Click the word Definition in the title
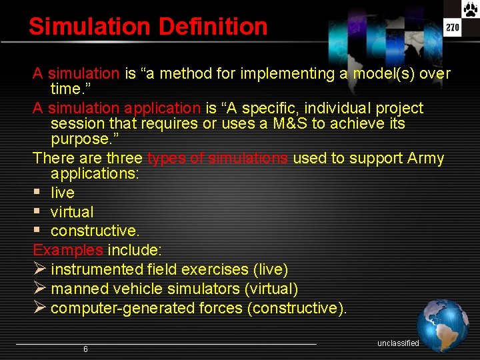(213, 27)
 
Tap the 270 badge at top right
(453, 28)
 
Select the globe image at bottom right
(443, 325)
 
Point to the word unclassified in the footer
(398, 343)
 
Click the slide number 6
(85, 349)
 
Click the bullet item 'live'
(63, 193)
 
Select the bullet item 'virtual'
(72, 212)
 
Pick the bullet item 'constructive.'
(95, 231)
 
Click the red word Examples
(68, 250)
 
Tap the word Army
(425, 159)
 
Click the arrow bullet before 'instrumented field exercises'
(39, 269)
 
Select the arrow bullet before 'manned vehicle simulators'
(39, 289)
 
